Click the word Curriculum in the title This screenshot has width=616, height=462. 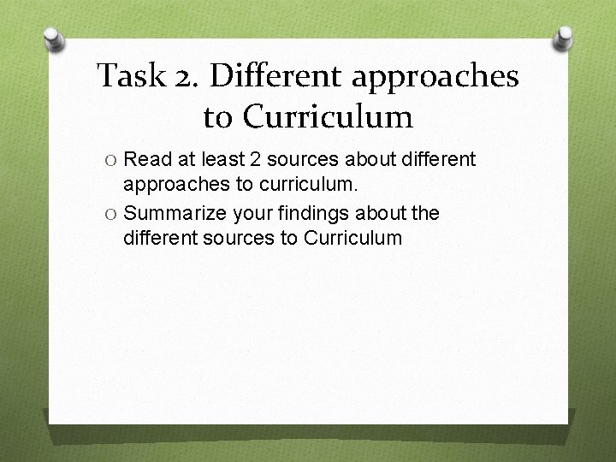(x=333, y=115)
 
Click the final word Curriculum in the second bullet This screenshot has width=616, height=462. (x=352, y=237)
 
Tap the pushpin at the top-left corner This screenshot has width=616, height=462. (x=51, y=38)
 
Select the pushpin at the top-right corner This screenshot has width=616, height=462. (x=565, y=38)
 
